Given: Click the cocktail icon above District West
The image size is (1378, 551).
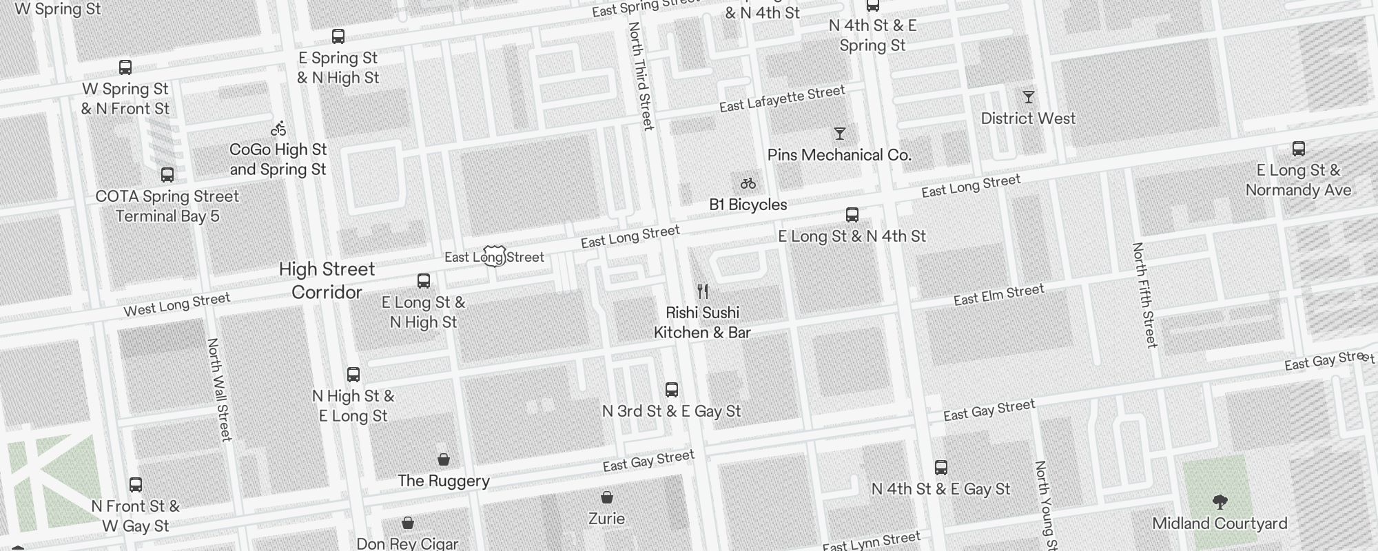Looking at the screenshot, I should [x=1028, y=97].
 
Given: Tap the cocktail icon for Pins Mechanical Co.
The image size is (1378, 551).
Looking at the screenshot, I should [x=839, y=134].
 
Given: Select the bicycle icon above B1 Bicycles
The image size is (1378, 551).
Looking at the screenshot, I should [x=748, y=183].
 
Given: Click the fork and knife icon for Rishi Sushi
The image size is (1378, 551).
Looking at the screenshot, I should [x=702, y=291].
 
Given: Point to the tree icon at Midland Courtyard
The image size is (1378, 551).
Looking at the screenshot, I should [x=1220, y=501].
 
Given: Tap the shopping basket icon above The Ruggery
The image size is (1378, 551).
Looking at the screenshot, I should [x=444, y=459].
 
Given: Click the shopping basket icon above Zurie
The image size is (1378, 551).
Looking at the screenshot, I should [x=606, y=497].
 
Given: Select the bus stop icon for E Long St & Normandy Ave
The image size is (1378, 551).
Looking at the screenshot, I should [x=1298, y=149].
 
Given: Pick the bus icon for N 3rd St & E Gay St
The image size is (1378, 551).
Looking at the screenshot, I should [x=671, y=390].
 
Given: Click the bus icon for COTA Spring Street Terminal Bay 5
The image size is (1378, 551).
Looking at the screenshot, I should [x=167, y=175].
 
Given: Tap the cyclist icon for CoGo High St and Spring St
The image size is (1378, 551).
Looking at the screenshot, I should [x=278, y=128].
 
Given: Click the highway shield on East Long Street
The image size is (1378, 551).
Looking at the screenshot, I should [x=495, y=256].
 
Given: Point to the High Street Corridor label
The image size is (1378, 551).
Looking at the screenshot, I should [x=327, y=280].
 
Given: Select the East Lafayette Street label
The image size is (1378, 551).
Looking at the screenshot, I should [x=782, y=99].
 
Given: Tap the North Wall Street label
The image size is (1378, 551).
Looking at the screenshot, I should [x=218, y=389].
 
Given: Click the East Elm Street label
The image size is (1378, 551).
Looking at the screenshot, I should [x=998, y=295].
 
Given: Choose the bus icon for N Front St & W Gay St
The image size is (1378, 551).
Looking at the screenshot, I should [x=136, y=485].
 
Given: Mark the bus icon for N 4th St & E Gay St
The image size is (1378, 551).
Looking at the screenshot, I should [x=940, y=468].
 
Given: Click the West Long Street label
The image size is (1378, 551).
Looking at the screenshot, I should [x=176, y=304].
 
